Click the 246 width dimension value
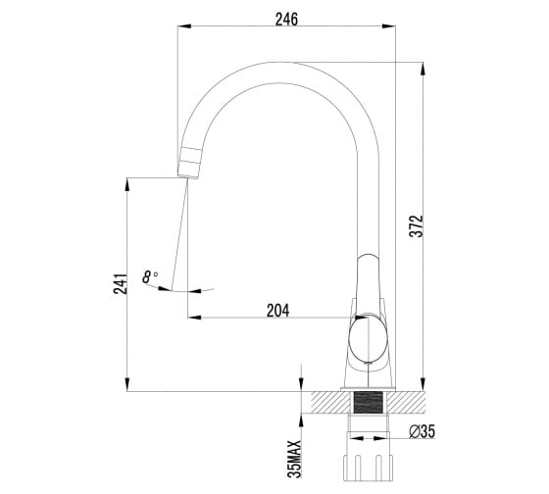click(286, 19)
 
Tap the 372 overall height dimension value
click(417, 226)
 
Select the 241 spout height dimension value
click(120, 283)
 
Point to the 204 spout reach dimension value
click(278, 311)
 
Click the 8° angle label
click(149, 277)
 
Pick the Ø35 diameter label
click(422, 431)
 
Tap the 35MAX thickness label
click(294, 459)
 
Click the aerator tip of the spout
click(189, 163)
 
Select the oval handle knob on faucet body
click(369, 338)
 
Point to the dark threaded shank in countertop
click(368, 402)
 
